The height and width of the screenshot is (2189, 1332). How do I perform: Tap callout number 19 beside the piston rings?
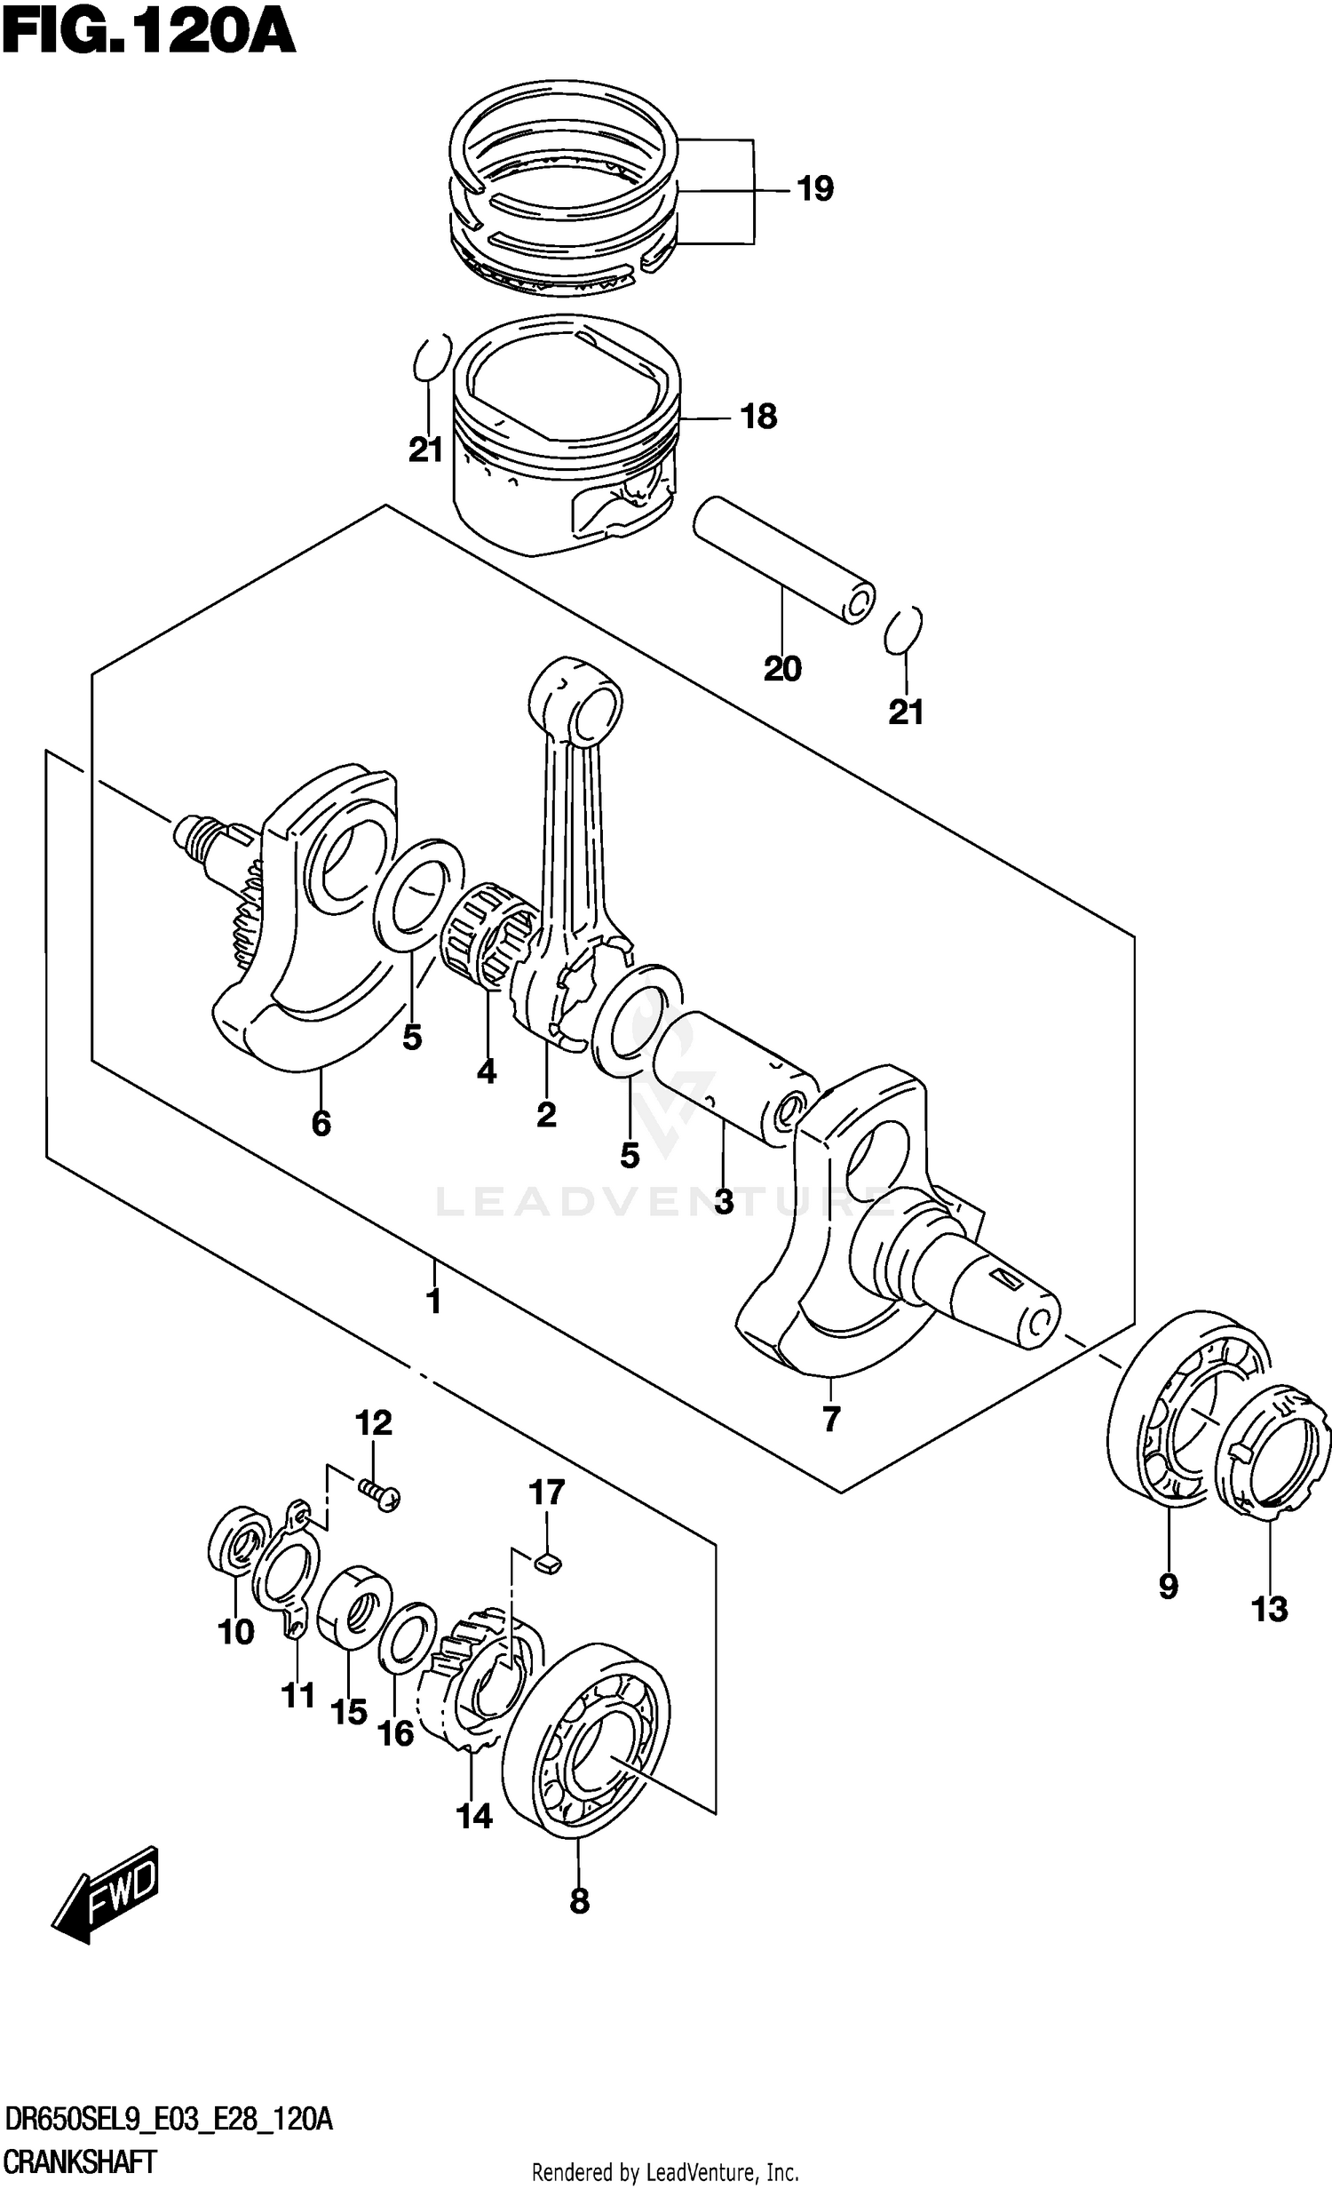[x=814, y=189]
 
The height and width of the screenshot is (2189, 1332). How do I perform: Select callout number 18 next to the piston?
[x=758, y=416]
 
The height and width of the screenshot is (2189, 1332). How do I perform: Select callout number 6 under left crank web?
[x=321, y=1124]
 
